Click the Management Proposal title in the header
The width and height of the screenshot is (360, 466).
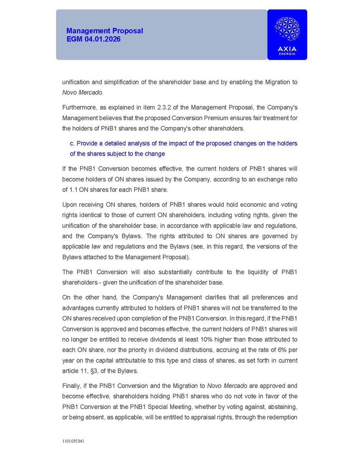click(104, 31)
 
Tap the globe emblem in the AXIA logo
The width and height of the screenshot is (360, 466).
click(287, 29)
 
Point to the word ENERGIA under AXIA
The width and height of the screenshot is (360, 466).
click(287, 54)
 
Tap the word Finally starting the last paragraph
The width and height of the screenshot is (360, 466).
click(73, 386)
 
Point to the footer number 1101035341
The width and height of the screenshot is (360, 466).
click(73, 441)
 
